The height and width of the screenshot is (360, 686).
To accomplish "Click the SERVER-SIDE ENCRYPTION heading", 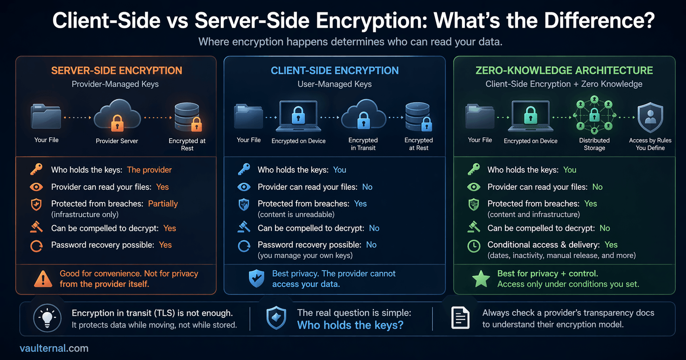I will [x=117, y=70].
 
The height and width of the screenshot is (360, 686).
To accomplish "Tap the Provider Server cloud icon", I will [x=117, y=116].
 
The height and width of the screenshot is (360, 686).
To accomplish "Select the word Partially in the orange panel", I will [x=163, y=204].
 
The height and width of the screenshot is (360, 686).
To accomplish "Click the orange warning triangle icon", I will [x=43, y=279].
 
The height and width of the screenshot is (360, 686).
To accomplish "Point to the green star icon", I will [x=481, y=279].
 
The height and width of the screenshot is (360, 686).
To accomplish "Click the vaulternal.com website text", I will [x=54, y=348].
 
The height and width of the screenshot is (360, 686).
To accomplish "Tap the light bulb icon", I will [x=47, y=318].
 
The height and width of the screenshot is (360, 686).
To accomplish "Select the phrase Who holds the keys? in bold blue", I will [x=350, y=325].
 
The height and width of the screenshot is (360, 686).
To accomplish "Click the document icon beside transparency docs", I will [x=460, y=318].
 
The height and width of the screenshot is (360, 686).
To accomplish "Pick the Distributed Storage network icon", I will [x=594, y=115].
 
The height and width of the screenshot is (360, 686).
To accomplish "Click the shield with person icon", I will [x=650, y=117].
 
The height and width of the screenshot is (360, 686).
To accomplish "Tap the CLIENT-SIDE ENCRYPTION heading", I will [x=334, y=70].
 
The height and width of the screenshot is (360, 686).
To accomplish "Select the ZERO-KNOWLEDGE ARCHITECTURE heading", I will [x=564, y=70].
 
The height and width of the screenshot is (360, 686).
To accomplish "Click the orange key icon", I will [x=36, y=170].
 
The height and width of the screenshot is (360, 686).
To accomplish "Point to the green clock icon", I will [x=474, y=246].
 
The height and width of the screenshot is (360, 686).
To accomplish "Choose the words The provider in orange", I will [x=149, y=170].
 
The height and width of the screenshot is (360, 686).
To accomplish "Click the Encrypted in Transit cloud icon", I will [x=363, y=115].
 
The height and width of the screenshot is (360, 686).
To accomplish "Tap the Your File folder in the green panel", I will [x=480, y=116].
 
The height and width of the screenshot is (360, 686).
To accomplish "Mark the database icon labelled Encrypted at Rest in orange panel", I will [x=187, y=117].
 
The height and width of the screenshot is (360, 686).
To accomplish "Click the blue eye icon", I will [x=244, y=187].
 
